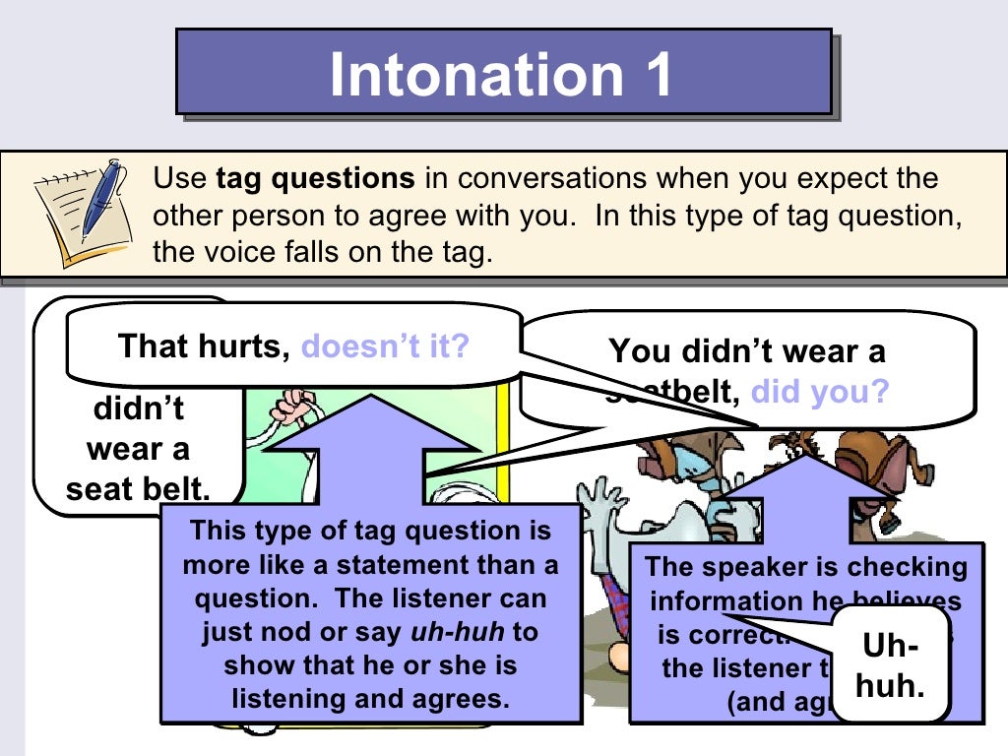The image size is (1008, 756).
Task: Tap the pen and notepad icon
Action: [80, 212]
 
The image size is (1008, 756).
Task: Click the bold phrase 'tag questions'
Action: [315, 179]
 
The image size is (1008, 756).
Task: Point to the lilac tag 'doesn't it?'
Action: [385, 346]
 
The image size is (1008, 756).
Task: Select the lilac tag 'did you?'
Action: [820, 393]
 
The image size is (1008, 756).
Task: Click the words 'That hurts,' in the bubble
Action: [204, 346]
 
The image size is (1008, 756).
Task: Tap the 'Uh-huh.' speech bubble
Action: [890, 665]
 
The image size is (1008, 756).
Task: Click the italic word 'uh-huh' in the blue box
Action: [443, 632]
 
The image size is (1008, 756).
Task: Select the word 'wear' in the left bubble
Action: [124, 450]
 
